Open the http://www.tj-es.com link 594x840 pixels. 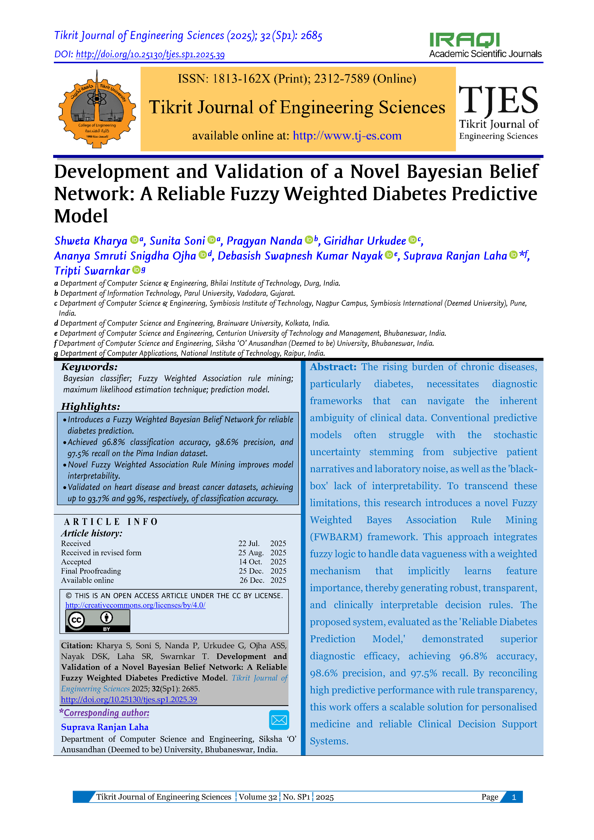347,136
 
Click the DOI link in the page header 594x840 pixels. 150,55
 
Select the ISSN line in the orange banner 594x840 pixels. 297,79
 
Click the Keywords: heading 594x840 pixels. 89,367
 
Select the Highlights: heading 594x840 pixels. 90,406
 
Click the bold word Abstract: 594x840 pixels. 333,367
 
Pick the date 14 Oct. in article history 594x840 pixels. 250,562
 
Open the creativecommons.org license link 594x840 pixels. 135,605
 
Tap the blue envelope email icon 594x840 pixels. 279,720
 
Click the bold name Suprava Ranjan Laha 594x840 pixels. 105,727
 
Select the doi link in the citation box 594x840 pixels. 129,699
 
